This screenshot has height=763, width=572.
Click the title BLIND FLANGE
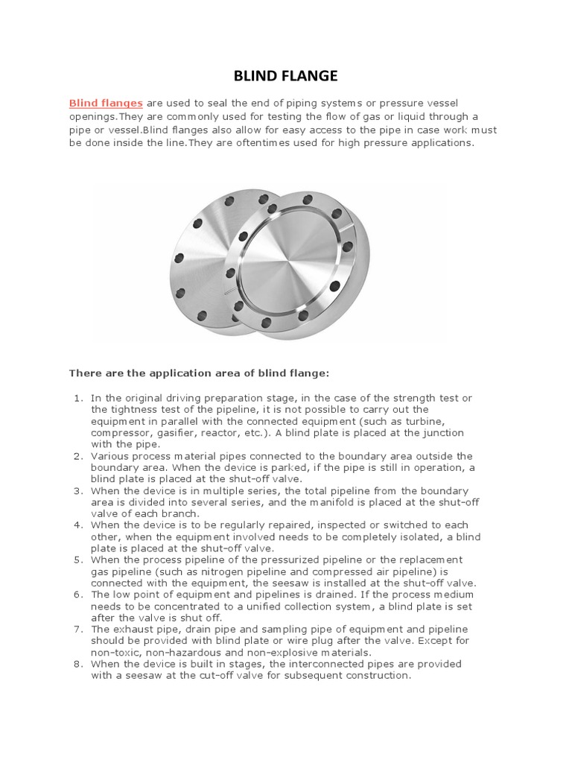coord(287,75)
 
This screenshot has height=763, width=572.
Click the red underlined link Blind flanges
coord(106,102)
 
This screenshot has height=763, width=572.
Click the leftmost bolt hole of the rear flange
coord(178,259)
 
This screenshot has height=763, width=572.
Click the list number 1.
coord(77,399)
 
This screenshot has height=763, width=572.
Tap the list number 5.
coord(77,559)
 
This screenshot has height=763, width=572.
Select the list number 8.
coord(77,663)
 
